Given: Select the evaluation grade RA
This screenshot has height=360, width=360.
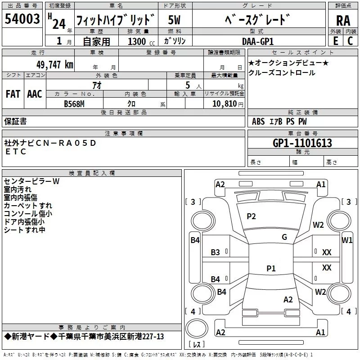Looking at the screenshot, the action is click(343, 21).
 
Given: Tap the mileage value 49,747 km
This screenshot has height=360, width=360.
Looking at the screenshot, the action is click(52, 65).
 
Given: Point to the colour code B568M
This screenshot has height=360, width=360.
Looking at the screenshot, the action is click(75, 103).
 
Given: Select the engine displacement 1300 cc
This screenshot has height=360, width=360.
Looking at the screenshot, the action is click(137, 41).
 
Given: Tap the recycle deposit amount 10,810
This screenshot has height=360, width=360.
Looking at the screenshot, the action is click(224, 103).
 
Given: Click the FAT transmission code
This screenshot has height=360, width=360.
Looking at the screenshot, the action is click(13, 94).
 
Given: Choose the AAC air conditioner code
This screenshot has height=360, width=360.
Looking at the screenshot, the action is click(35, 94).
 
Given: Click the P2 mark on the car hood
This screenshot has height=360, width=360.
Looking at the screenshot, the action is click(251, 216).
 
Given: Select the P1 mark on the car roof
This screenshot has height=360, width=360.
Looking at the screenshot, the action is click(271, 269).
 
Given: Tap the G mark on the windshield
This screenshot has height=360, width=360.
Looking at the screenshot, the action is click(284, 237).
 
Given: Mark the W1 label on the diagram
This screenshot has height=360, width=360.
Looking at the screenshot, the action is click(347, 240).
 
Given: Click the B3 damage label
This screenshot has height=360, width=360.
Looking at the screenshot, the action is click(216, 252).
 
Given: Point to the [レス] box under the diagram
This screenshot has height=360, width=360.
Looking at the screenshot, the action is click(197, 344).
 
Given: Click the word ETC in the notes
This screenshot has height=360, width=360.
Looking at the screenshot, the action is click(16, 152).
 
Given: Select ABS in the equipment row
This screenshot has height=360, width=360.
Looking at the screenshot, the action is click(258, 121).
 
